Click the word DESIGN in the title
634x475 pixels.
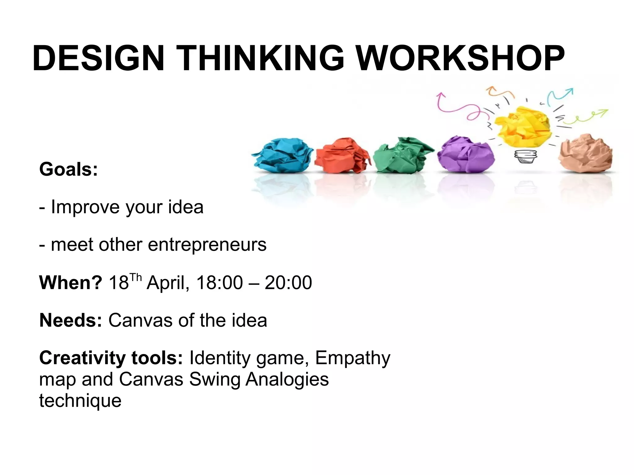(98, 58)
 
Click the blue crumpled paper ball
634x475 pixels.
(282, 156)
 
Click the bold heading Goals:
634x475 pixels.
(68, 170)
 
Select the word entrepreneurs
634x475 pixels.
(207, 244)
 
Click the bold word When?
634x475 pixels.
(71, 282)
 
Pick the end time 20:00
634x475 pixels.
(288, 282)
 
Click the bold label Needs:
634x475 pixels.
(71, 320)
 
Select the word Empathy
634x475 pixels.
(353, 358)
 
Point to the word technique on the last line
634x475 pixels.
(80, 400)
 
